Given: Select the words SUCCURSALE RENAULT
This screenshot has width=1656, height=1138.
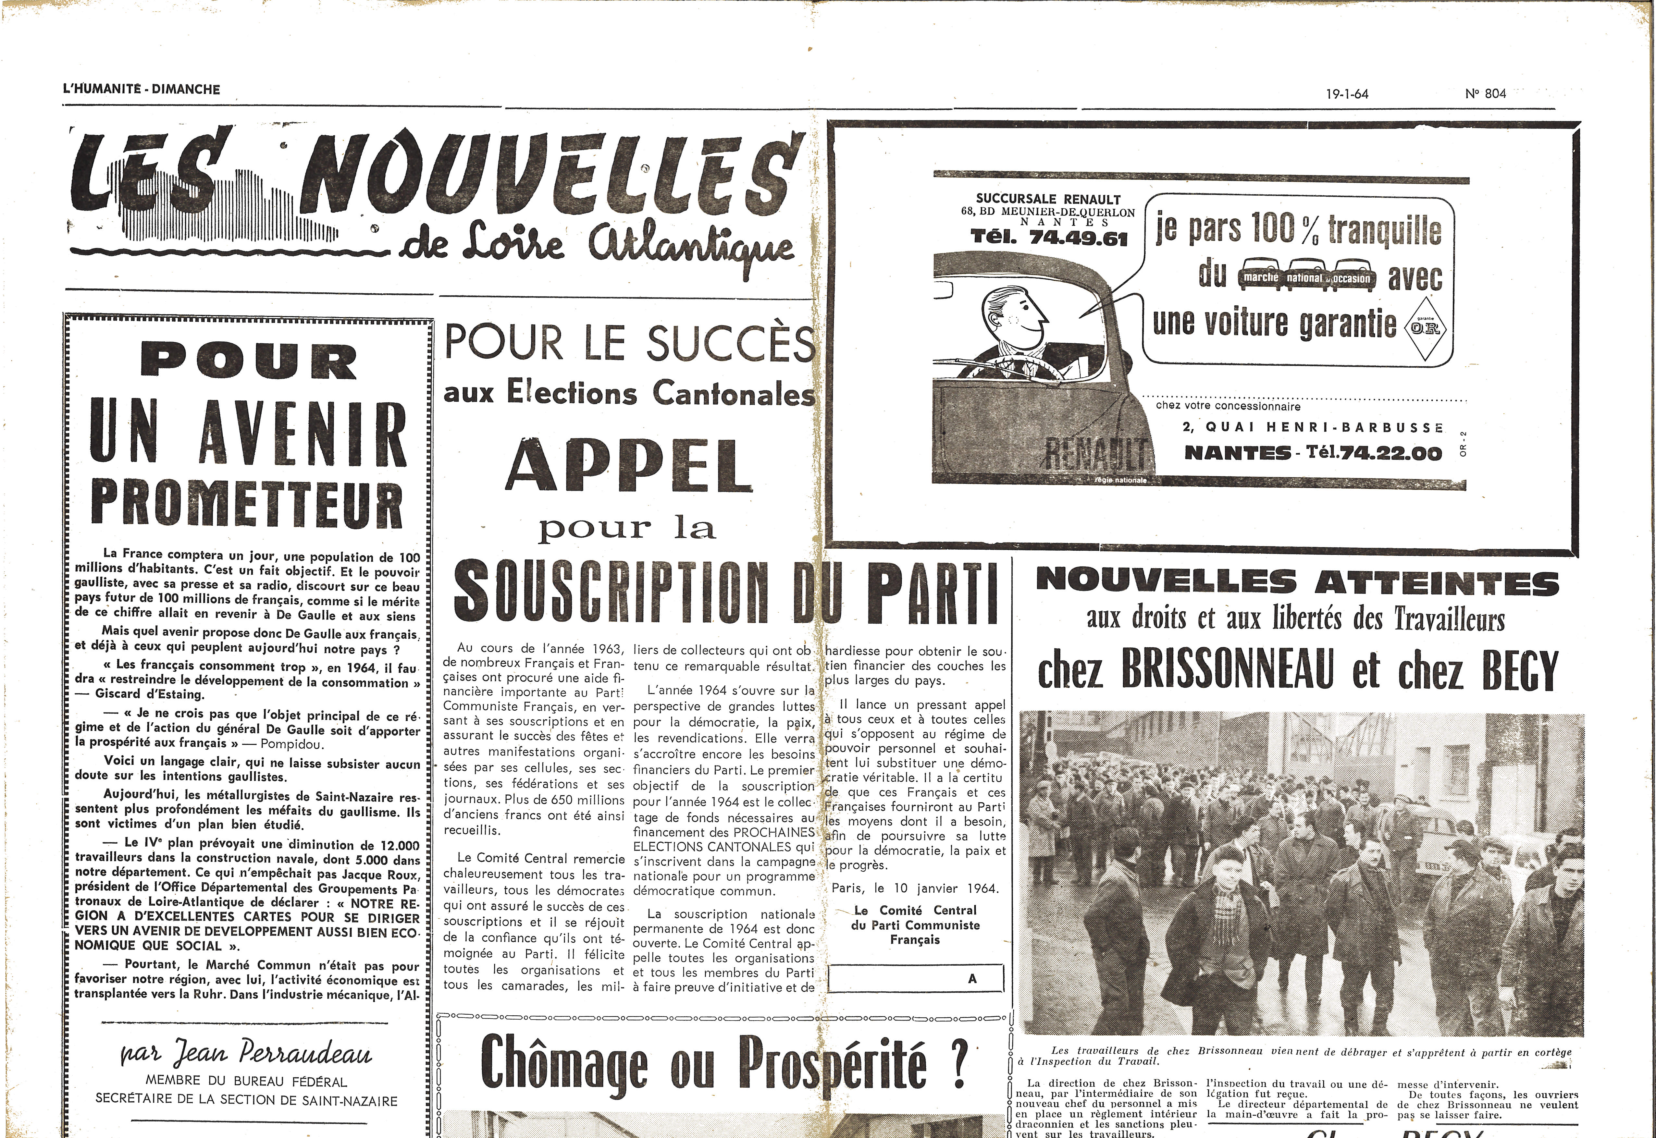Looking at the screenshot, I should (x=1048, y=200).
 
